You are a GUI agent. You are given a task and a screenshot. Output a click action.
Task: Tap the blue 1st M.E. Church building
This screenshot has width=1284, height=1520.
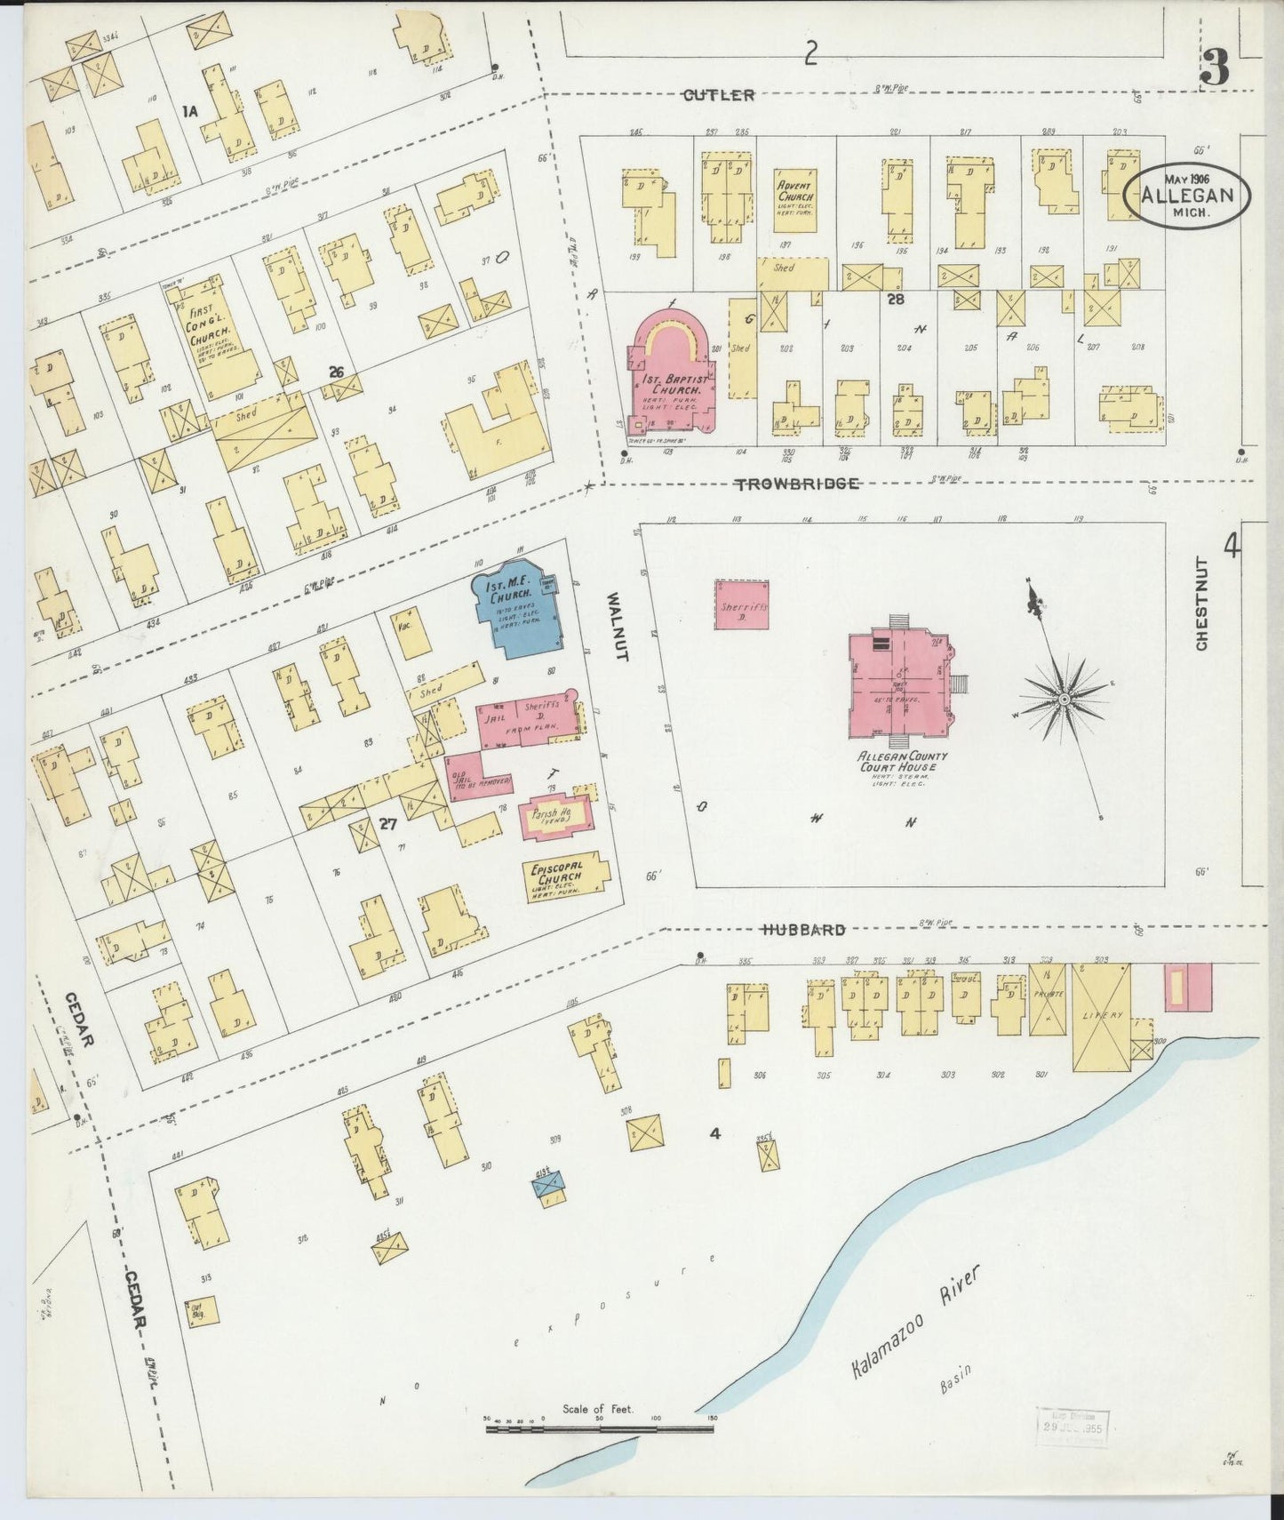tap(520, 608)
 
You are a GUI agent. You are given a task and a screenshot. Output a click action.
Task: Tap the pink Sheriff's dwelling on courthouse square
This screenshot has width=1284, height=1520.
tap(741, 605)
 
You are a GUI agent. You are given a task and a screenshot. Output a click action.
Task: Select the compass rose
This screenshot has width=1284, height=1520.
tap(1063, 702)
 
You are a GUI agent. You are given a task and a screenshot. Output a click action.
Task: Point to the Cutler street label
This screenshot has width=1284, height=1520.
tap(719, 95)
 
